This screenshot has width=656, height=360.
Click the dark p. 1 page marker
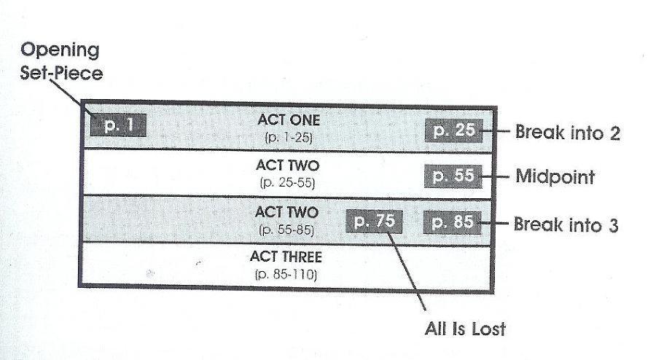tap(118, 125)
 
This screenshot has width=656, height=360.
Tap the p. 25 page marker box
tap(454, 130)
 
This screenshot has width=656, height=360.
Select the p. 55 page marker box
tap(453, 176)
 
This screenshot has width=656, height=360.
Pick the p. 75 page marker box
tap(375, 222)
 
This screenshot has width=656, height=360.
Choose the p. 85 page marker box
tap(452, 222)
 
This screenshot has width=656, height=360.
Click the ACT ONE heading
tap(289, 120)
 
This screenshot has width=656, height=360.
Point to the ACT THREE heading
tap(286, 257)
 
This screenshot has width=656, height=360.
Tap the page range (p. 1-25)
tap(289, 138)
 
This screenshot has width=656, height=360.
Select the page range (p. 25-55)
tap(287, 183)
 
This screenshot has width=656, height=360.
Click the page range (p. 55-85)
tap(286, 230)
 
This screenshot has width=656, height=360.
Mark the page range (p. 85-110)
tap(286, 275)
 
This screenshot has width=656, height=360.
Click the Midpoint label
tap(555, 176)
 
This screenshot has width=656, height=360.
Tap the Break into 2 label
tap(568, 132)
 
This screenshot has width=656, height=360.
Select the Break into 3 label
tap(566, 224)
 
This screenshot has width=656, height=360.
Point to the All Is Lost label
tap(465, 329)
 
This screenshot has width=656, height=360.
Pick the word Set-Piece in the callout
tap(61, 73)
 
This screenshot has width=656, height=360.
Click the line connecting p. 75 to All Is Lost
tap(407, 271)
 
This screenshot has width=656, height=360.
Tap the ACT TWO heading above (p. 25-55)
tap(288, 165)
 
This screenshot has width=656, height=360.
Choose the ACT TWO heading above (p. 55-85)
tap(287, 212)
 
